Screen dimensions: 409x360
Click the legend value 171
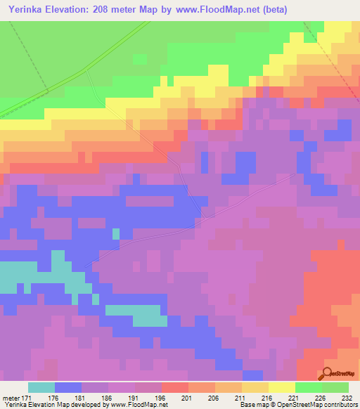[x=28, y=397]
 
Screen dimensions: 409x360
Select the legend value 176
[x=56, y=397]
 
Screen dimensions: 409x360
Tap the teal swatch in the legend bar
[x=41, y=387]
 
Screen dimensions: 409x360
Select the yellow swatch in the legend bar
[x=282, y=387]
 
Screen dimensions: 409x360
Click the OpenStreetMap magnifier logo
[x=328, y=374]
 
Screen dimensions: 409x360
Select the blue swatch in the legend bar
[x=68, y=387]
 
